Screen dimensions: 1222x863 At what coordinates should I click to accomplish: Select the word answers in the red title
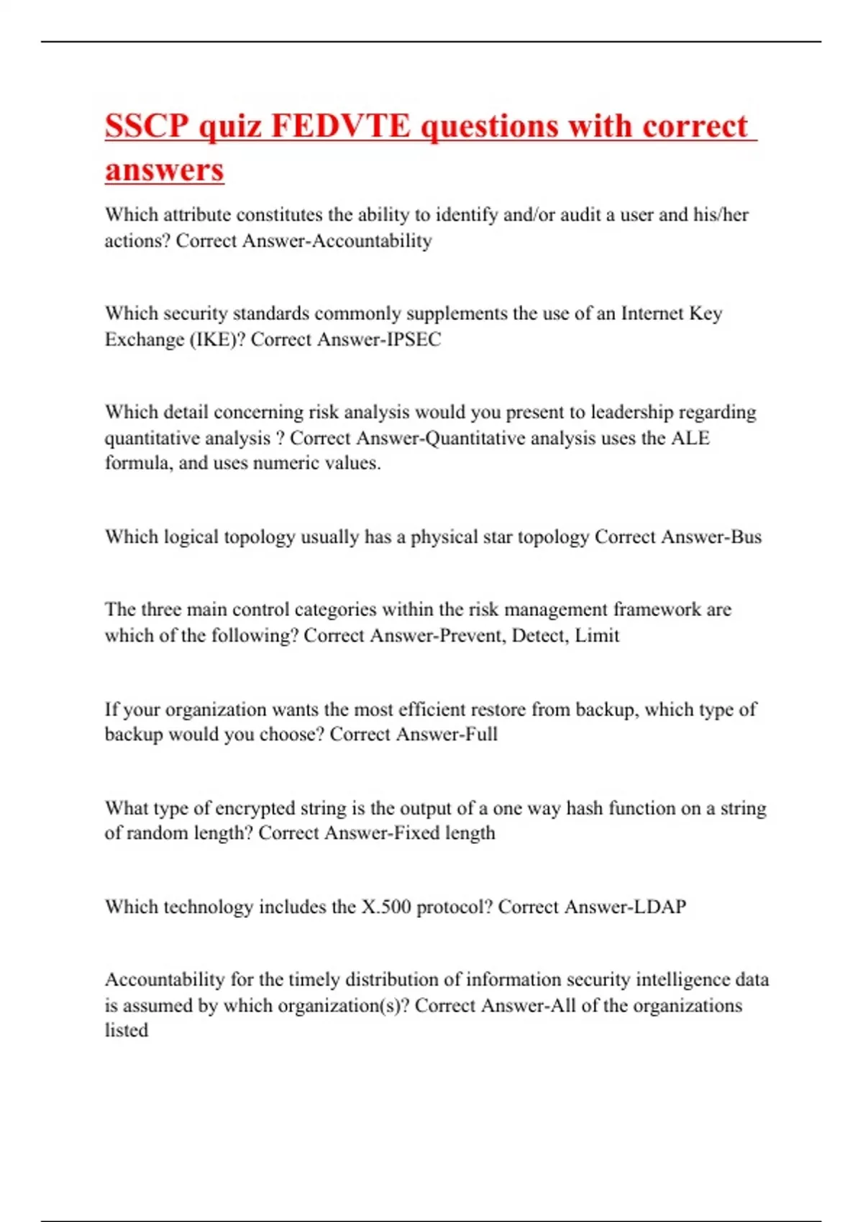(165, 170)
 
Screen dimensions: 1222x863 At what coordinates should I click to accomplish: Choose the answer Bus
(746, 537)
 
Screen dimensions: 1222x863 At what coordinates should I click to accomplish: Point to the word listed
(127, 1030)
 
